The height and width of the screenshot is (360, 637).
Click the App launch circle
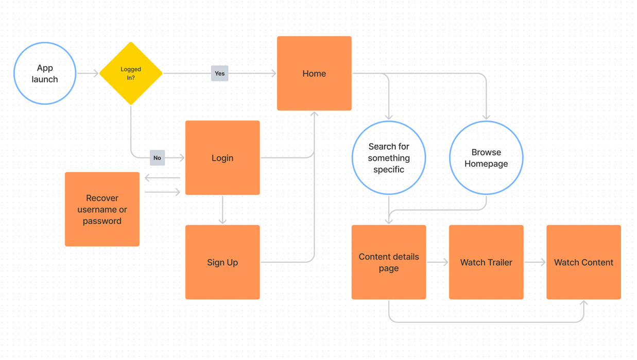click(45, 74)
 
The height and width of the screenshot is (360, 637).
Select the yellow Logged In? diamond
click(131, 74)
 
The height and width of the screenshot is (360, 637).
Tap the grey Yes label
click(219, 74)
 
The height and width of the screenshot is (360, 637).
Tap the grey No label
click(157, 158)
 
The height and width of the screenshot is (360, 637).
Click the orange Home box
click(314, 74)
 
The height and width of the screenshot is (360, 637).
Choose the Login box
click(222, 158)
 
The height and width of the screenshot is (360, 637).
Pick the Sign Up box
click(222, 262)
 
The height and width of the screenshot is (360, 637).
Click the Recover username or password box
click(102, 209)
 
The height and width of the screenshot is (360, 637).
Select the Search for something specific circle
click(389, 158)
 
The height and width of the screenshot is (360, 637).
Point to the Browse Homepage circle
click(486, 158)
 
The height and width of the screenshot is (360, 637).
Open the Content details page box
click(389, 262)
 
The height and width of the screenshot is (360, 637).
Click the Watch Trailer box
click(486, 262)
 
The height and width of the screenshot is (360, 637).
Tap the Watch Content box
click(583, 262)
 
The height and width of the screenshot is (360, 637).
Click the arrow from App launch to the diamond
click(88, 74)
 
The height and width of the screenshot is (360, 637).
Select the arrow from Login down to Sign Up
click(222, 210)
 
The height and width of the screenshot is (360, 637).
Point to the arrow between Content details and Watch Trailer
click(438, 262)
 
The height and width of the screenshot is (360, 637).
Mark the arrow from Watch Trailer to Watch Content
click(535, 262)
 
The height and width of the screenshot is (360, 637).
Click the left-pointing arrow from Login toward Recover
click(162, 178)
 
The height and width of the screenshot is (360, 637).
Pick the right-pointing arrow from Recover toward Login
click(162, 192)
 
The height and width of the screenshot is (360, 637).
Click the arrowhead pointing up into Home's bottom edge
click(314, 114)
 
